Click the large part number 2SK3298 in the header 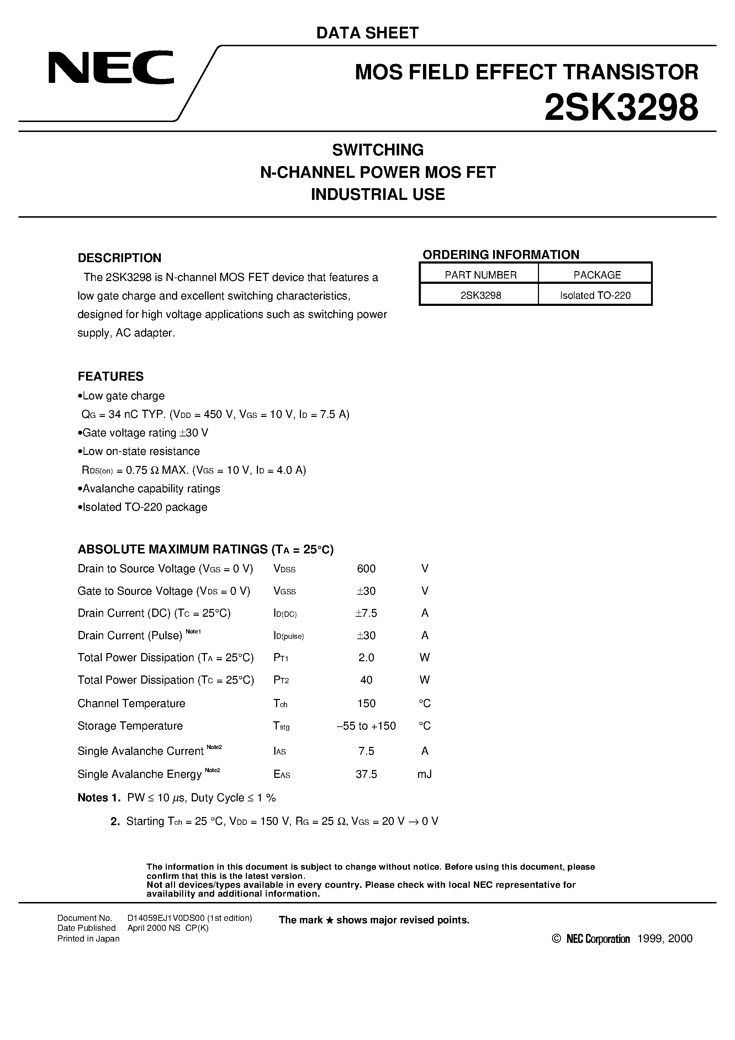[621, 108]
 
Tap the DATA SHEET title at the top [367, 33]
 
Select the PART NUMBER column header [480, 275]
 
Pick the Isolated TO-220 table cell [595, 295]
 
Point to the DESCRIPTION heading [119, 258]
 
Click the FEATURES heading [111, 376]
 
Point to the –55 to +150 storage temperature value [366, 726]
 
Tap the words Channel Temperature [131, 703]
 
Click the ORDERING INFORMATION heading [501, 255]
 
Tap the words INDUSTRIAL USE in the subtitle [378, 194]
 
